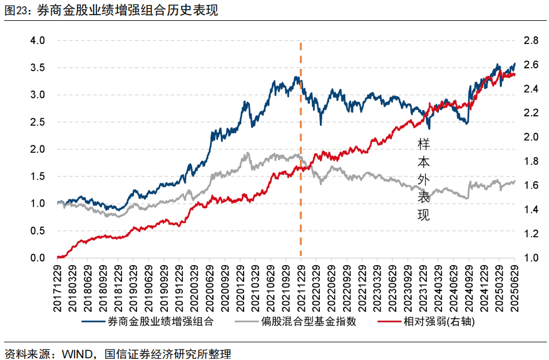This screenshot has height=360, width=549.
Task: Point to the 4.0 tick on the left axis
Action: tap(38, 41)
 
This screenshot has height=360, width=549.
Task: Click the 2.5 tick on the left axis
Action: tap(38, 122)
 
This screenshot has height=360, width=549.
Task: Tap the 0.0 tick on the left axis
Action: tap(38, 258)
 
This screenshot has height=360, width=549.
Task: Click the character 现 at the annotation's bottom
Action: tap(424, 215)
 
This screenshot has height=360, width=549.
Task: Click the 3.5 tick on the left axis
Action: tap(38, 68)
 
